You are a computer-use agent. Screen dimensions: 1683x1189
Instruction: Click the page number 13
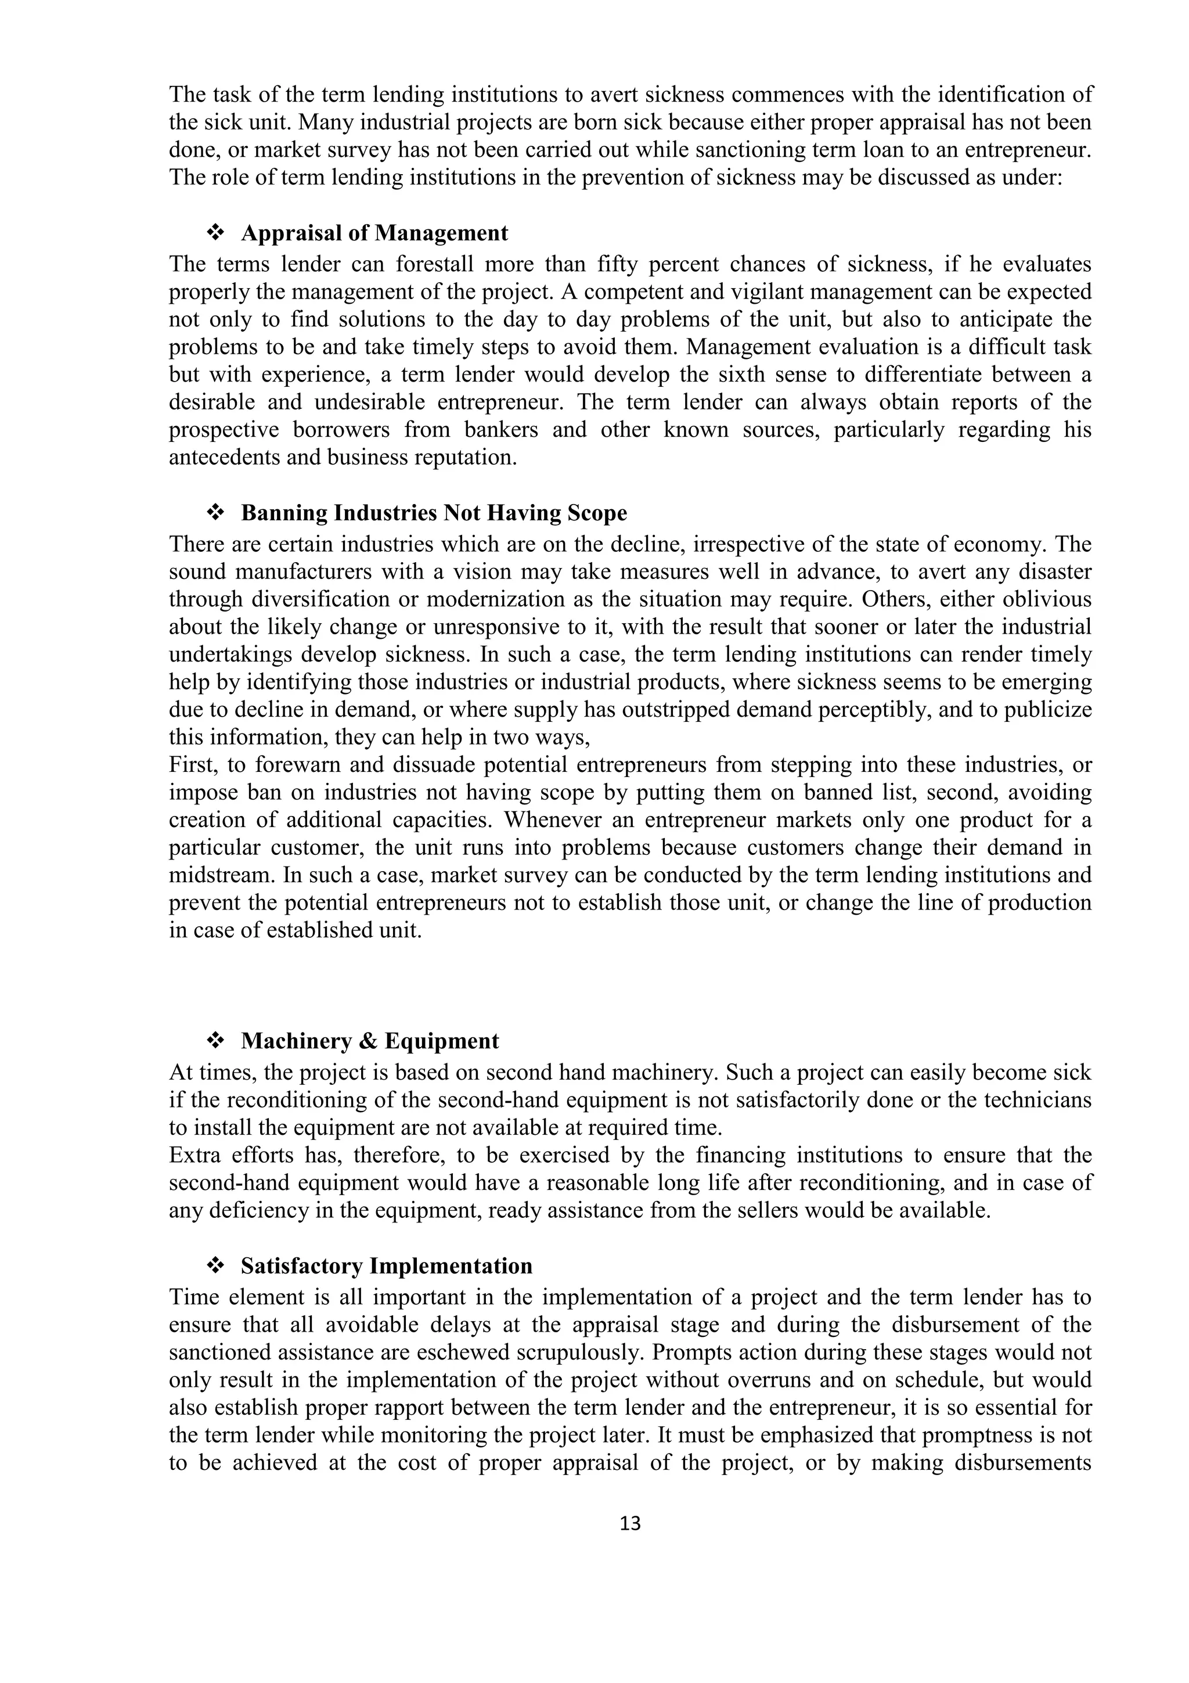tap(629, 1523)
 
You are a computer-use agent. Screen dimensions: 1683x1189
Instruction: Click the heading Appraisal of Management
tap(374, 233)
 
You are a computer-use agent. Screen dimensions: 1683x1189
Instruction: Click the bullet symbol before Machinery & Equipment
tap(215, 1041)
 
